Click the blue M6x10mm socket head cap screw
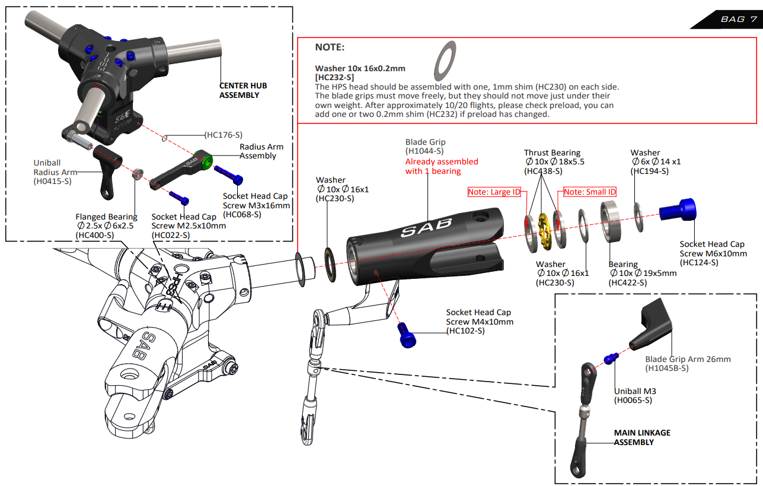point(678,210)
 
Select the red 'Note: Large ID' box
point(493,192)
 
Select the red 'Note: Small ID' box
point(589,192)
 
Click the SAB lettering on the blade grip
point(426,226)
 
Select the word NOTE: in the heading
point(330,47)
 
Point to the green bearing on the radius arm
point(207,162)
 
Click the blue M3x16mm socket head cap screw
point(229,174)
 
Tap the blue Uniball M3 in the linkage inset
point(610,357)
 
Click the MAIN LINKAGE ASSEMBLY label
point(642,437)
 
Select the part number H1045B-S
point(667,369)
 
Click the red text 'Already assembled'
point(442,161)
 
